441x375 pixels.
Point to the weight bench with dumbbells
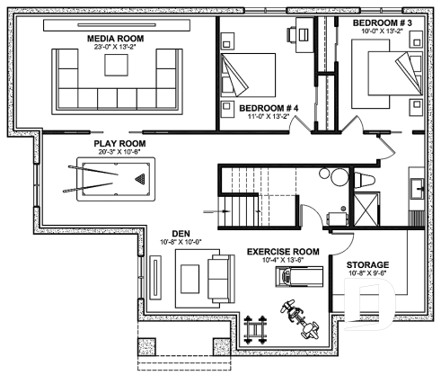[x=259, y=329]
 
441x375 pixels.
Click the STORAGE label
[x=367, y=265]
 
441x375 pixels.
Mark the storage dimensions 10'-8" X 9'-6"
[x=367, y=275]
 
